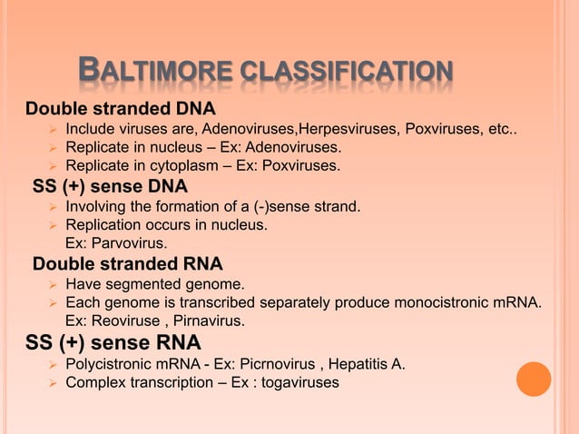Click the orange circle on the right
[534, 379]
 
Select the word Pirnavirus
[205, 321]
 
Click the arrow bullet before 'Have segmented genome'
[53, 286]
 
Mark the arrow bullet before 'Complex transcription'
[53, 384]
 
